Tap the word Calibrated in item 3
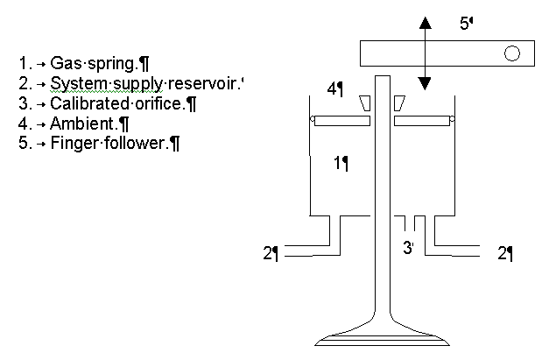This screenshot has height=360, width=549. click(x=90, y=103)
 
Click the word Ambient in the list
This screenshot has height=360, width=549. click(x=82, y=123)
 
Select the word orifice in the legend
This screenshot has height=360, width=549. click(x=158, y=103)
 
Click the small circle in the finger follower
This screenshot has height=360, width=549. click(x=512, y=53)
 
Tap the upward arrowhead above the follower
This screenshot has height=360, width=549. click(x=425, y=23)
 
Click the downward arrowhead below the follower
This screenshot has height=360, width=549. click(x=425, y=84)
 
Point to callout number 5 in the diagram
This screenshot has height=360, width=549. click(x=464, y=24)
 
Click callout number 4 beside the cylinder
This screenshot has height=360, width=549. click(x=332, y=89)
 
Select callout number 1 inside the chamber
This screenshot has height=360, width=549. click(x=338, y=163)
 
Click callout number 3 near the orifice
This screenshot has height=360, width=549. click(x=407, y=248)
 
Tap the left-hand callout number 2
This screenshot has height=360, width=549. click(x=268, y=253)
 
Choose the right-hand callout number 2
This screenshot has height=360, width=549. click(x=502, y=253)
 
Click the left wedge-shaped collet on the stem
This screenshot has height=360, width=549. click(x=365, y=103)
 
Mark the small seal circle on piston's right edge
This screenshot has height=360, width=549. click(x=452, y=119)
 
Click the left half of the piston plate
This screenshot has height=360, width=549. click(x=342, y=121)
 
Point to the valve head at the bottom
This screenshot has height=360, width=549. click(x=382, y=338)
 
